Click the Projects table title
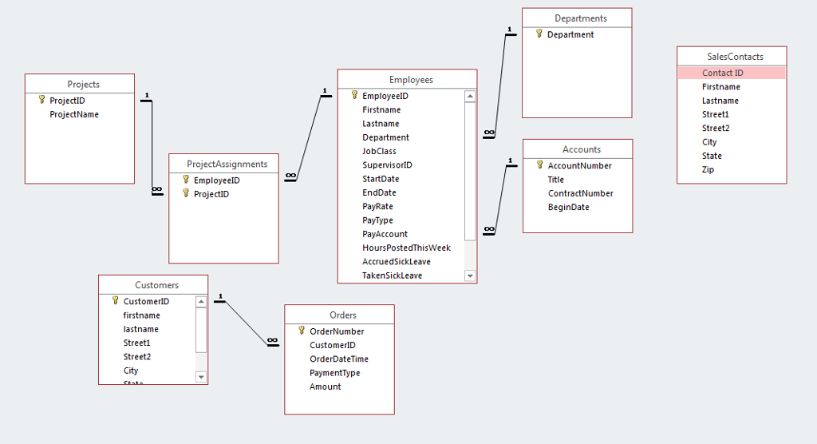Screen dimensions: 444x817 83,85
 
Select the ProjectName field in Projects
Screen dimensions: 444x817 74,114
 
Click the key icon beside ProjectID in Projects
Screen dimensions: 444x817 41,101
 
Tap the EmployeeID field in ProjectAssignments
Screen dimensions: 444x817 216,180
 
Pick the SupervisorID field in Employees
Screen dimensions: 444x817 387,165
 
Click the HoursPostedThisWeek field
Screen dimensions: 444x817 406,248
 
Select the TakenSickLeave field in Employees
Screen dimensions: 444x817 392,276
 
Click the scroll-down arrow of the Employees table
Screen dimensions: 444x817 470,276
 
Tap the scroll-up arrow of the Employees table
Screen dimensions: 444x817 470,96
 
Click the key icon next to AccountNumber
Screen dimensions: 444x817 539,165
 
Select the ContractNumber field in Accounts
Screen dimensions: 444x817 580,193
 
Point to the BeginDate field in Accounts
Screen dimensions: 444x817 568,207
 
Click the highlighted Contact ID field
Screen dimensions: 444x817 723,73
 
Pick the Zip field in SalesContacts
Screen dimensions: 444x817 708,169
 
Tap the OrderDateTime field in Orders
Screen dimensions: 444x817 339,359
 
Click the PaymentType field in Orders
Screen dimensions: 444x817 334,373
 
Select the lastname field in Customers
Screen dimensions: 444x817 140,329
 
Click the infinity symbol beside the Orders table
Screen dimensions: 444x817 273,341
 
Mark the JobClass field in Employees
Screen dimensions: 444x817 379,151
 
